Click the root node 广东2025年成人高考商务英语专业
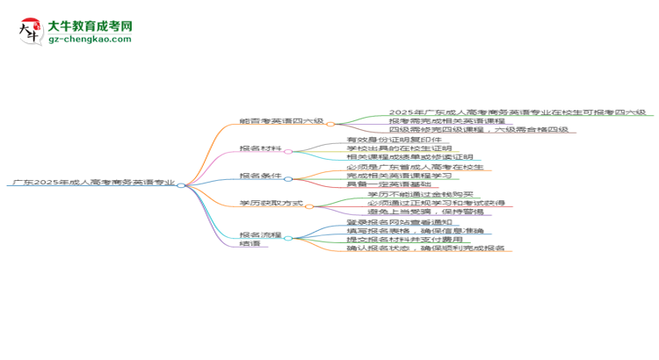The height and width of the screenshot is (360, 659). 91,184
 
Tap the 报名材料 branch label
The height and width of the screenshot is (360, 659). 261,148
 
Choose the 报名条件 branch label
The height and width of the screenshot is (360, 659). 261,176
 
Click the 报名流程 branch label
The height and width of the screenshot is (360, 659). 261,235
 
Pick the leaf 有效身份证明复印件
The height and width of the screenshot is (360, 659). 394,140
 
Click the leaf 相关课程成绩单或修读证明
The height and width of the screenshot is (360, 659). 405,157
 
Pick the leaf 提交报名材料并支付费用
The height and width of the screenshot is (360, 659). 403,240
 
